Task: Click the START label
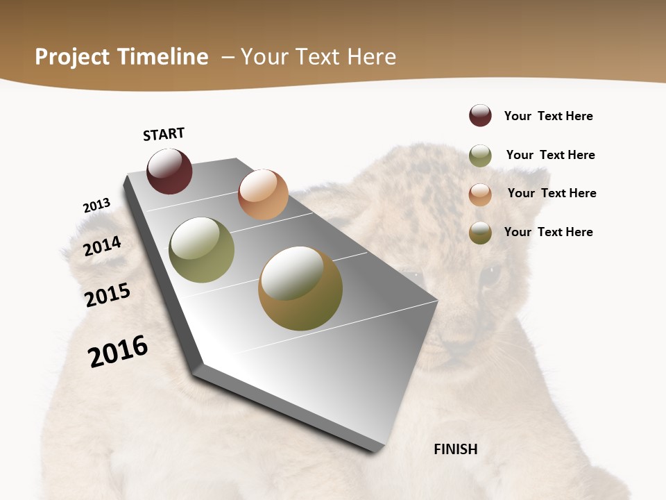click(x=164, y=134)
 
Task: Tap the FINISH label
click(x=456, y=449)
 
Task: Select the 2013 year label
click(x=97, y=206)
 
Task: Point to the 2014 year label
click(x=103, y=246)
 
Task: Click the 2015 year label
click(x=108, y=295)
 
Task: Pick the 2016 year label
click(x=118, y=351)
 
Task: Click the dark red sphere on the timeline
click(x=169, y=171)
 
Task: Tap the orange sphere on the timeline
click(x=263, y=194)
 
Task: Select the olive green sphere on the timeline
click(x=201, y=250)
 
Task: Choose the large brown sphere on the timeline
click(x=300, y=288)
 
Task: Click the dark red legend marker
click(x=480, y=115)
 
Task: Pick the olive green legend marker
click(x=480, y=156)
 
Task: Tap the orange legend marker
click(x=480, y=194)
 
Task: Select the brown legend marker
click(x=480, y=233)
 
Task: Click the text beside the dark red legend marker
click(x=548, y=116)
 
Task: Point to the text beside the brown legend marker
click(x=548, y=232)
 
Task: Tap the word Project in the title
click(x=72, y=57)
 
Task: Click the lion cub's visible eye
click(x=490, y=276)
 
